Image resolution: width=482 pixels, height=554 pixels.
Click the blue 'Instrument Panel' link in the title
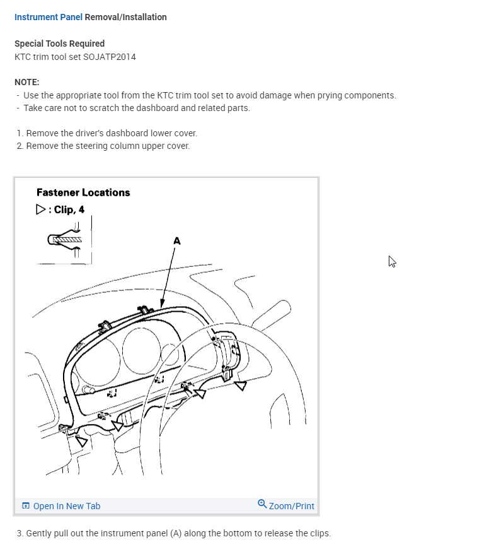48,17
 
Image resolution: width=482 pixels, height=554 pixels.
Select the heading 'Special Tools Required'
59,44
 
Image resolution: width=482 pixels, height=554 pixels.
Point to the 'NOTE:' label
26,82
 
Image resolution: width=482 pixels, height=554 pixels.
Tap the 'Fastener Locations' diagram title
83,192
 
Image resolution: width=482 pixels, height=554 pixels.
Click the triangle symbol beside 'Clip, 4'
41,209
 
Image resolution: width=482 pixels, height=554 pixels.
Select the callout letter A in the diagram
176,240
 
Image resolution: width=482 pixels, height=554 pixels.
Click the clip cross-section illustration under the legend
65,240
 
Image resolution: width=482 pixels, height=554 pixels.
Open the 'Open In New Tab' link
66,506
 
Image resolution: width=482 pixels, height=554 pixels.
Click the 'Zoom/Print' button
291,506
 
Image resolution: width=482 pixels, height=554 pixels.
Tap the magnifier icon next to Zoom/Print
262,504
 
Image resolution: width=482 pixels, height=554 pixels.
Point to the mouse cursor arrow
392,261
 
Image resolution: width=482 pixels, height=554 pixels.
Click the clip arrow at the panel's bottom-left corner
81,440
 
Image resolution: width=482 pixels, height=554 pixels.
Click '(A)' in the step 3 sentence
176,533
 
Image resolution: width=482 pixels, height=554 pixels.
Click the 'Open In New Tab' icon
26,506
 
